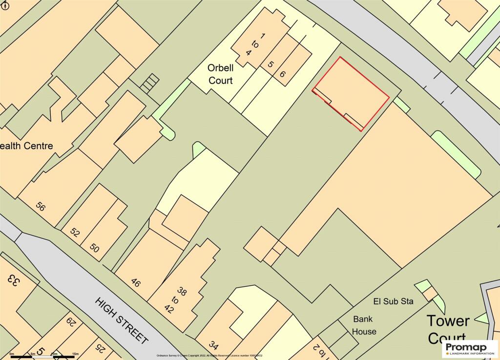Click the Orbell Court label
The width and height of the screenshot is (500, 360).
pos(220,74)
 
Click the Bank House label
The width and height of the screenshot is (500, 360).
pos(364,325)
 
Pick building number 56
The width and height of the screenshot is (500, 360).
pos(40,207)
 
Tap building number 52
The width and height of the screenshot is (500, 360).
pos(75,233)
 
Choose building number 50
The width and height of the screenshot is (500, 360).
pos(94,249)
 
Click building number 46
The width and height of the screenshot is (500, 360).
pos(136,282)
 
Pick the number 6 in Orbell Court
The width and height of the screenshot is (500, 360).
pos(282,74)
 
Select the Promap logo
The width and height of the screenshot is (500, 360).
pos(469,348)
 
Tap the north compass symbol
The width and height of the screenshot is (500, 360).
pos(5,5)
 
